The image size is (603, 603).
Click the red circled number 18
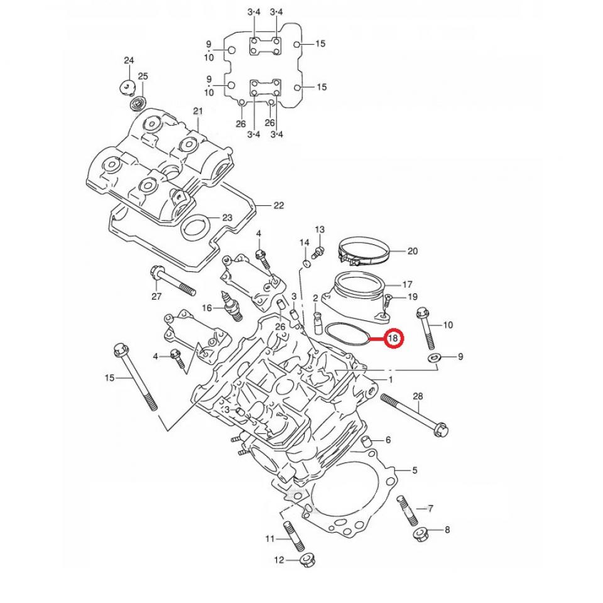(x=394, y=339)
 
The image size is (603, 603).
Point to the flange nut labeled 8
(x=421, y=535)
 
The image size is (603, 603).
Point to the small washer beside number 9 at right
(x=433, y=357)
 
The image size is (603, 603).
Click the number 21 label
(x=198, y=111)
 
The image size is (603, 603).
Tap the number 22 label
(x=279, y=205)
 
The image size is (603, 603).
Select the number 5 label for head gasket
(x=415, y=470)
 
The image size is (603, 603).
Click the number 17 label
(x=407, y=284)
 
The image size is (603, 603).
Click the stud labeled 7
(x=408, y=510)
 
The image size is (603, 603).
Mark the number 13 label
(x=320, y=229)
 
